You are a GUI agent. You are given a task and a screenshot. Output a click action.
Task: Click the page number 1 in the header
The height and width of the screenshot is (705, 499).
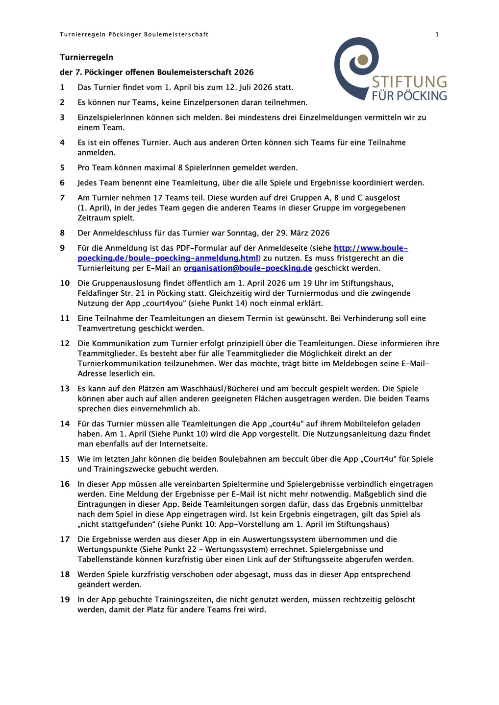(x=437, y=34)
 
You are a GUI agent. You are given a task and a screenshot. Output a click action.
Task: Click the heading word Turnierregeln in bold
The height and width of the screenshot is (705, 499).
(x=86, y=57)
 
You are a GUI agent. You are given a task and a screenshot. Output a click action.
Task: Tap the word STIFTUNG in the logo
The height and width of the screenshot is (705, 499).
(x=409, y=82)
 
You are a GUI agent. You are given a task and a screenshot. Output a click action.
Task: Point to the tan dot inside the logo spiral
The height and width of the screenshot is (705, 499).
(x=363, y=60)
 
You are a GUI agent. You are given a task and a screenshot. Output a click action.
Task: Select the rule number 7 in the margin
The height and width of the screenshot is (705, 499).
(x=62, y=198)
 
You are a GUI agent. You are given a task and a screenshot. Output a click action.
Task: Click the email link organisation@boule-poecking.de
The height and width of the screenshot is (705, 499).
(x=248, y=268)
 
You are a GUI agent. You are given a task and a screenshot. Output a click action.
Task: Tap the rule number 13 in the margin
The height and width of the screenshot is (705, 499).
(x=65, y=389)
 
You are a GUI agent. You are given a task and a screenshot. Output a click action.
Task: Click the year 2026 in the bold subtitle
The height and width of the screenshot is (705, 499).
(x=244, y=72)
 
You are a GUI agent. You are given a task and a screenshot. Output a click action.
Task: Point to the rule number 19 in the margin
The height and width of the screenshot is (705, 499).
(x=65, y=600)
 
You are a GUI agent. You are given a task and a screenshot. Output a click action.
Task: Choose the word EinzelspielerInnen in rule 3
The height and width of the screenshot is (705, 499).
(x=113, y=117)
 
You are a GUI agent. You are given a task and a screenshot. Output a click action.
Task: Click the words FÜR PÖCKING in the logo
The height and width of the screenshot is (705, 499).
(x=409, y=95)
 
